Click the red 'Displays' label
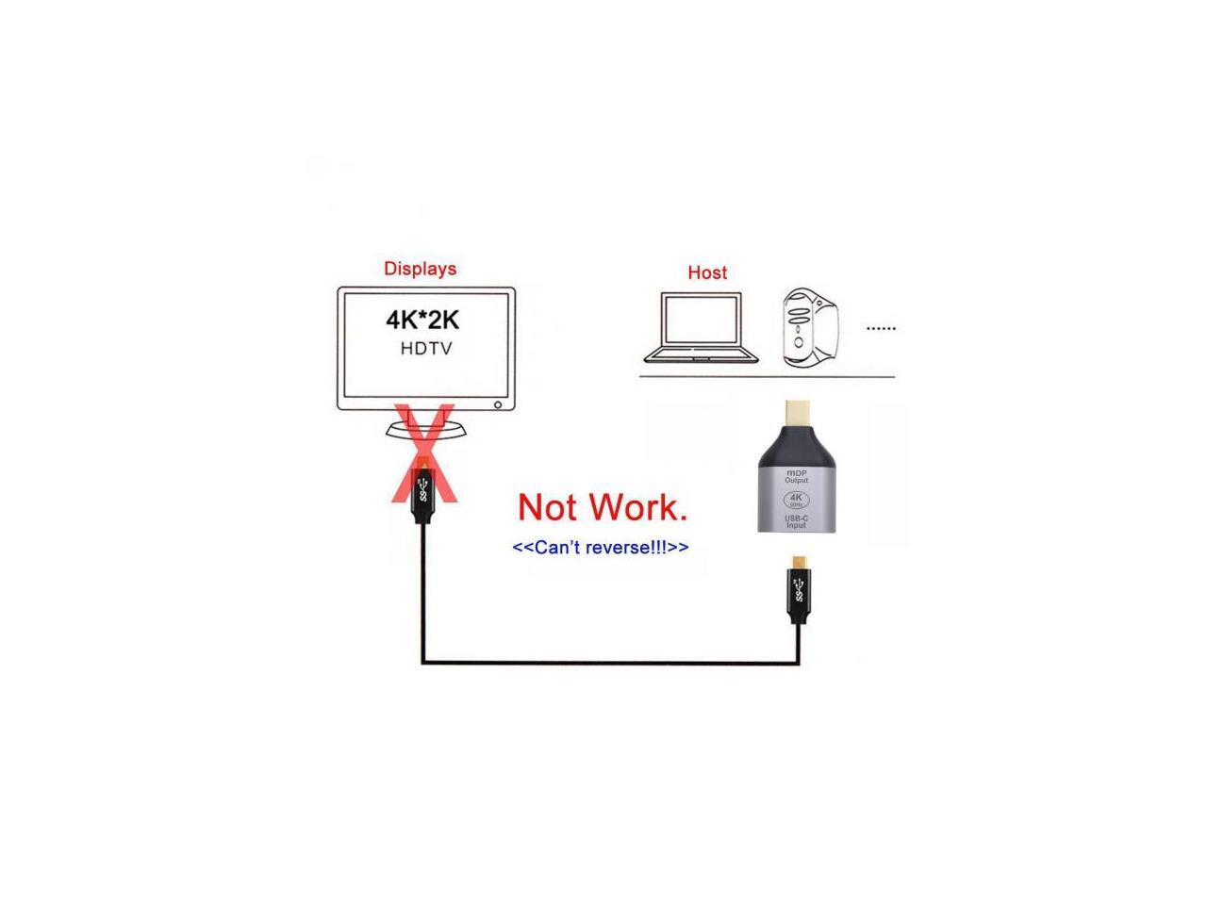click(420, 269)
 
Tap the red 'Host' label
click(707, 272)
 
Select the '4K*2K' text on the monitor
click(422, 320)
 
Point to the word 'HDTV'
click(426, 349)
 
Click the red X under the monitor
click(424, 452)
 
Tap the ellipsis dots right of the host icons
click(881, 328)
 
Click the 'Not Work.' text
click(603, 507)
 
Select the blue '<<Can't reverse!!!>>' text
click(600, 548)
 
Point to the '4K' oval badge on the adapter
click(797, 500)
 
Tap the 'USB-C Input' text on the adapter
click(797, 520)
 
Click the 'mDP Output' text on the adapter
click(797, 476)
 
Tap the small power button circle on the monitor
click(498, 405)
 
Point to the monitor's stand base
click(426, 430)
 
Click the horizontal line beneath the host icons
click(767, 377)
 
